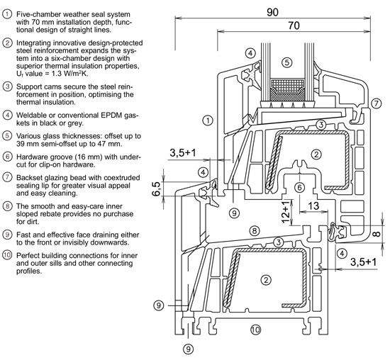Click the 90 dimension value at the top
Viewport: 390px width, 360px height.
[x=272, y=12]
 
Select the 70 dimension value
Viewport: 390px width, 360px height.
[x=294, y=26]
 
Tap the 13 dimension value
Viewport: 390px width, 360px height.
[x=313, y=206]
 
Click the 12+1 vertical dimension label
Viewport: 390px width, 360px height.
[x=286, y=212]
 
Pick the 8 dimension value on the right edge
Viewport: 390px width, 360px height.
[x=377, y=234]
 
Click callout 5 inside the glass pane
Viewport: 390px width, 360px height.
[x=287, y=62]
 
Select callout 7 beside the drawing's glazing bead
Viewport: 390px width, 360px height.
[x=376, y=103]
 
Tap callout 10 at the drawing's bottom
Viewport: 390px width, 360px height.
[x=255, y=330]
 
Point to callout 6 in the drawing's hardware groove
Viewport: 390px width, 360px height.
[x=299, y=188]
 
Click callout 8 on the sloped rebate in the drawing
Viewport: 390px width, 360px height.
[x=254, y=231]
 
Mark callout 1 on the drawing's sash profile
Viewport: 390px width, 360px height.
[x=208, y=120]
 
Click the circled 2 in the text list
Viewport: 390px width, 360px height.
[x=7, y=43]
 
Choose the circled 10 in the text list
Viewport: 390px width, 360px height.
[x=7, y=255]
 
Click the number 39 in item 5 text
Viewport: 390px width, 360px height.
[x=21, y=144]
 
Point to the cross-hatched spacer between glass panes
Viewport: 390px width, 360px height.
[x=287, y=90]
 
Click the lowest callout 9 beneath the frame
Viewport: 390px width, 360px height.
[x=189, y=349]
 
